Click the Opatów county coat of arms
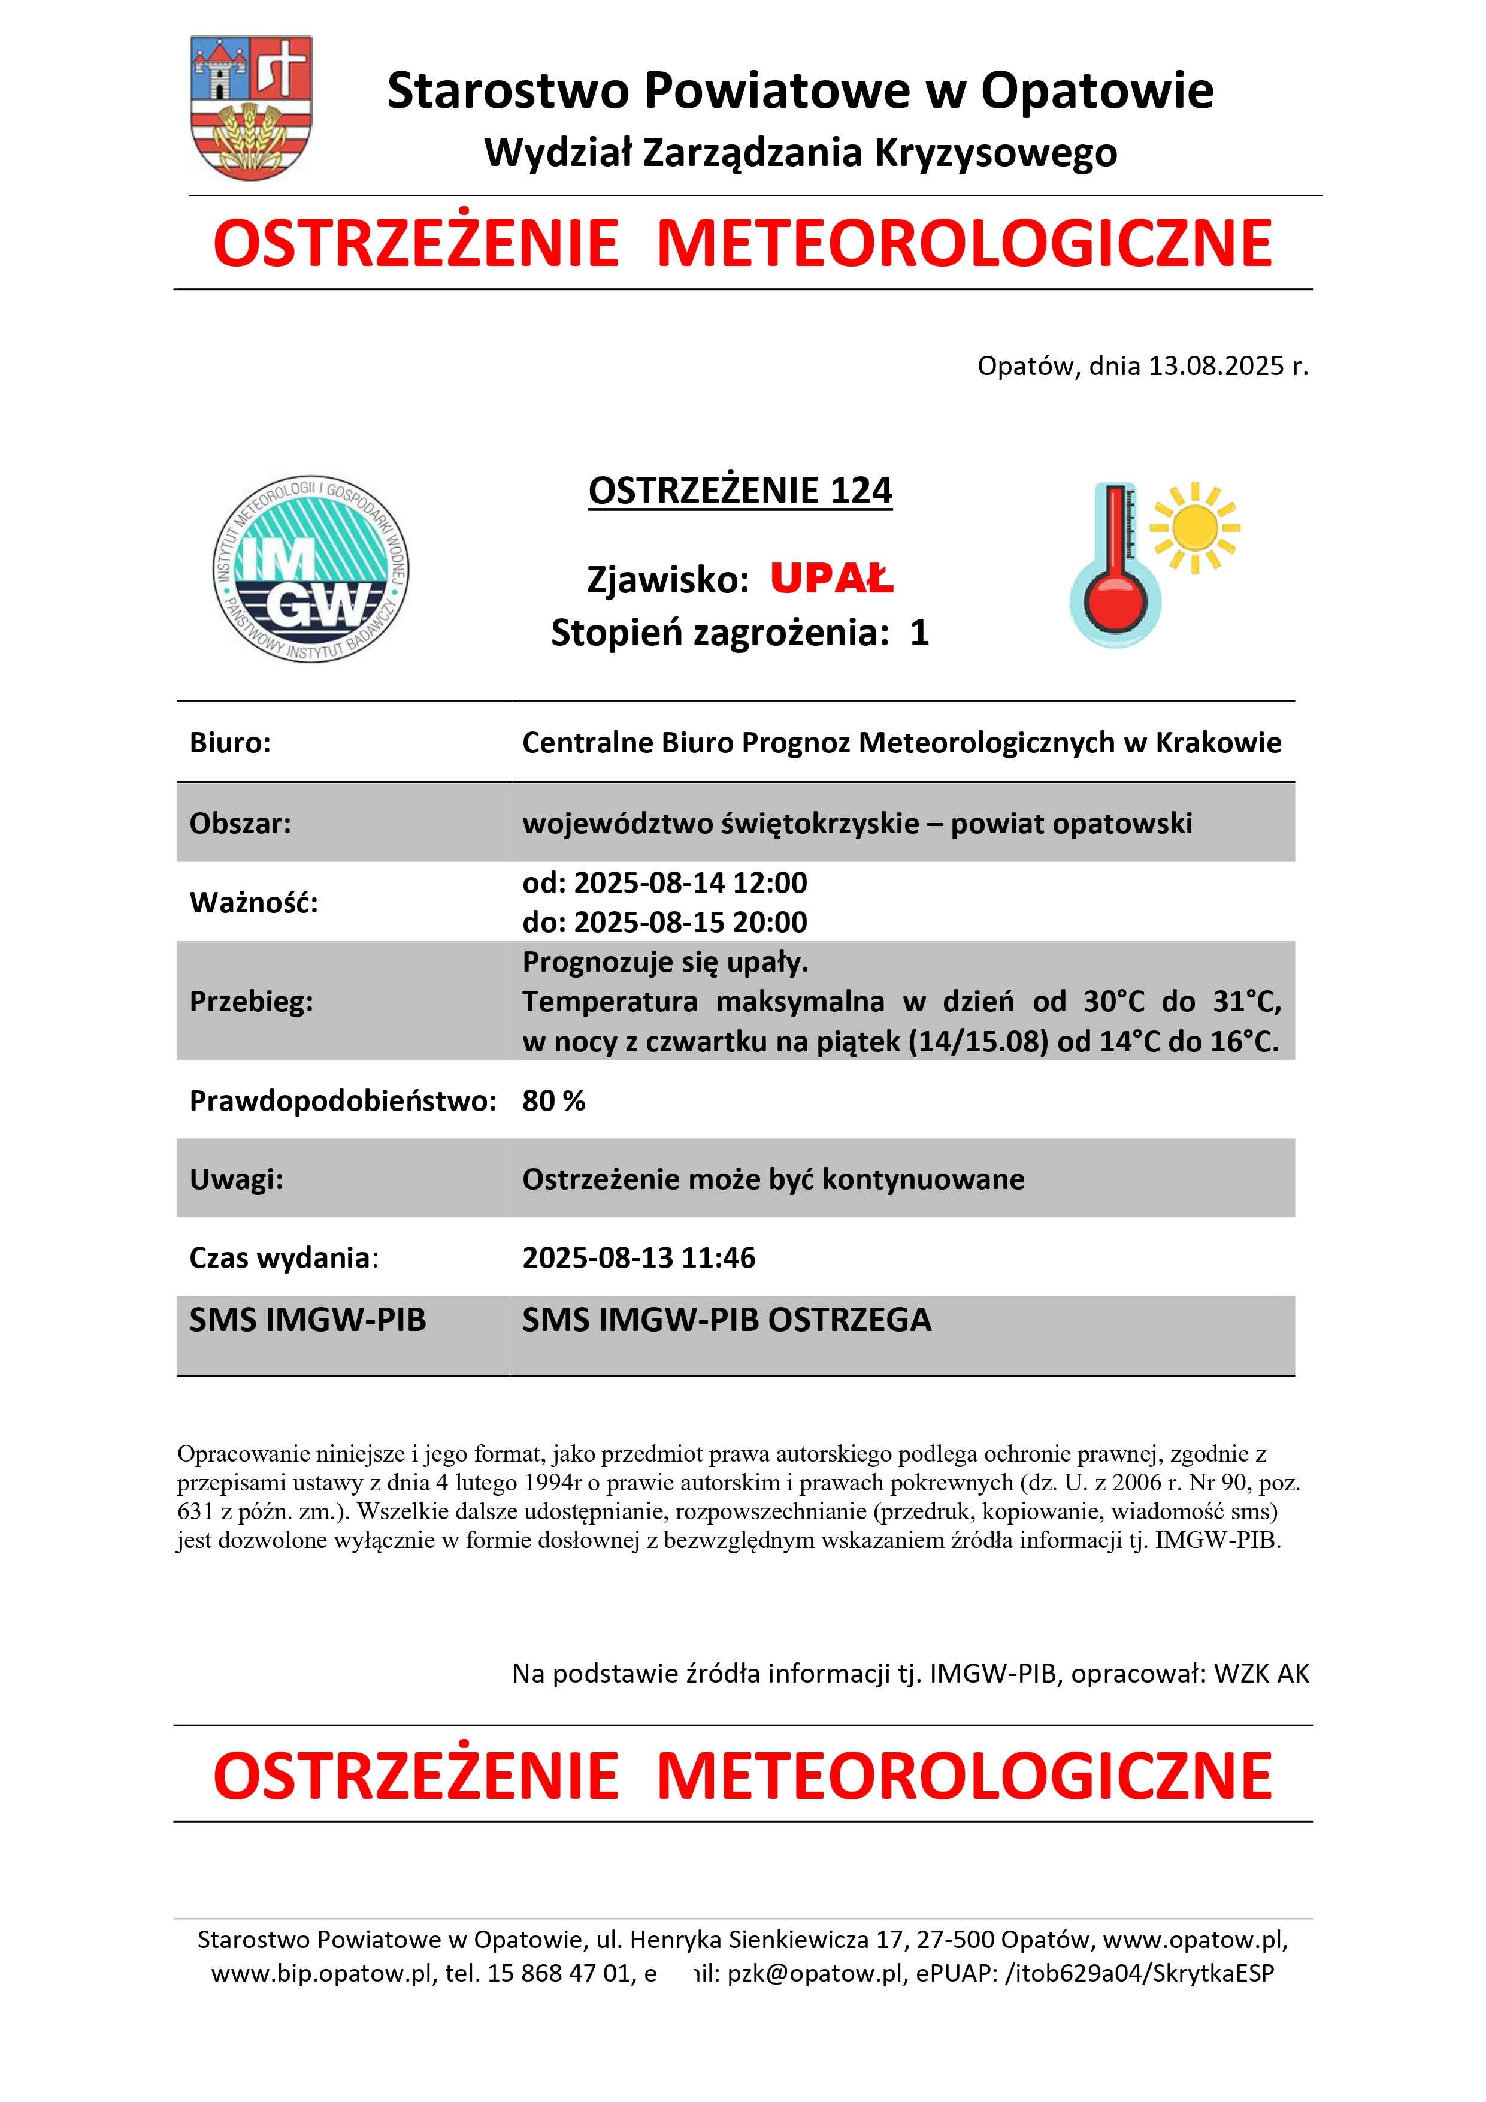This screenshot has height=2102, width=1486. [x=251, y=107]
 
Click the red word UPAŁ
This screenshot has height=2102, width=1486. [x=831, y=579]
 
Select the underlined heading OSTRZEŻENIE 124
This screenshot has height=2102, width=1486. [x=740, y=491]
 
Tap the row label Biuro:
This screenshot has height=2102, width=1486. [x=230, y=742]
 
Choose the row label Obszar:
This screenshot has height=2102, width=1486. [x=240, y=823]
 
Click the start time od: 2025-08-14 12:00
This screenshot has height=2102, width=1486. [x=665, y=882]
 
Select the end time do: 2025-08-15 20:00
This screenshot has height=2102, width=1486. [x=665, y=922]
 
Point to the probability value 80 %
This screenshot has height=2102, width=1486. [x=553, y=1100]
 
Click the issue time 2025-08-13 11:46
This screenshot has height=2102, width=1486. [x=638, y=1258]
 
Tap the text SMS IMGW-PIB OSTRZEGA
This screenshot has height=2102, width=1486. [x=726, y=1320]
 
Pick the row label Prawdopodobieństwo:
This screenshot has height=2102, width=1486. [x=343, y=1100]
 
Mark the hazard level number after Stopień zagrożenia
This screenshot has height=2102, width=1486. [x=919, y=633]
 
